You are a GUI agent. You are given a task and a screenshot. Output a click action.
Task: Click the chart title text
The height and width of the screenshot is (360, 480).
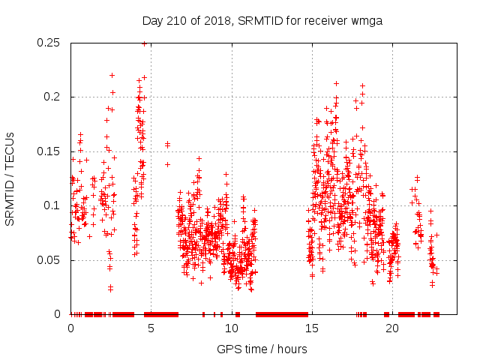point(262,21)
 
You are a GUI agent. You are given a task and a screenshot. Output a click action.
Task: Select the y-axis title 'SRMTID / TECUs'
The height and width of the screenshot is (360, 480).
point(10,178)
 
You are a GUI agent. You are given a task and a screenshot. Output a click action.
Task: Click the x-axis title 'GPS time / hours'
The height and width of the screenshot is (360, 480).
point(262,349)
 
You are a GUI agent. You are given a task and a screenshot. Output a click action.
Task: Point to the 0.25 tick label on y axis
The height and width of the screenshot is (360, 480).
point(49,43)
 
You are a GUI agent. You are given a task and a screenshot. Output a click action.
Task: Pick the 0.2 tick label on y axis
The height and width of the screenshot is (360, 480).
point(52,97)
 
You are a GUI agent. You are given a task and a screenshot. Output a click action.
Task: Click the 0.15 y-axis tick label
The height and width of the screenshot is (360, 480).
point(49,151)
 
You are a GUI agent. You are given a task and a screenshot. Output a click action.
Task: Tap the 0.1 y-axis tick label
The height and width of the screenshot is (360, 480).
point(52,205)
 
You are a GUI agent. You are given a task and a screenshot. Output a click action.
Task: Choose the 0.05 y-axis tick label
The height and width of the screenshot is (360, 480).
point(49,260)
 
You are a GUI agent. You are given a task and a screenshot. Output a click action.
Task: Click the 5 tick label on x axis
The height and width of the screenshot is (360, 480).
point(151,328)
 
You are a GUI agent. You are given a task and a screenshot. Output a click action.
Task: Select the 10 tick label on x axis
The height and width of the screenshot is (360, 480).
point(231,328)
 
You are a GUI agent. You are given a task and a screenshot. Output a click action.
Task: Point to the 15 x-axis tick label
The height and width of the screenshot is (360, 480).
point(311,328)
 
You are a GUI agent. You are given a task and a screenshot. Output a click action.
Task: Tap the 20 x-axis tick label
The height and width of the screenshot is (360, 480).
point(391,328)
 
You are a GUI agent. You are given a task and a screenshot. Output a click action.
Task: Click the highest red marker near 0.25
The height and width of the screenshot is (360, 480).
point(144,43)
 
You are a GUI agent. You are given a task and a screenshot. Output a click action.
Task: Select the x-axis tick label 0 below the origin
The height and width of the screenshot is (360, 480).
point(70,328)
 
